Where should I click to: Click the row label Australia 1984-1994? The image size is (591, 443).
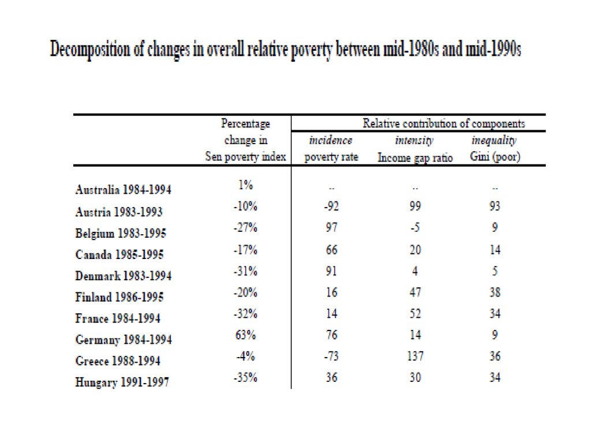[x=124, y=189]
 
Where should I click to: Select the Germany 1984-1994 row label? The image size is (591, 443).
[x=124, y=340]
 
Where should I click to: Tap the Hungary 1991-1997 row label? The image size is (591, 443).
[x=122, y=382]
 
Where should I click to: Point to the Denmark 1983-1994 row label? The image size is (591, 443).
[x=124, y=276]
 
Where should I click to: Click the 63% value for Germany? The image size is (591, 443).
[x=246, y=335]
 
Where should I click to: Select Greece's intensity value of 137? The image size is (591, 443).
[x=415, y=356]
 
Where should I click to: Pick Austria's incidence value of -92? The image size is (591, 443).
[x=331, y=206]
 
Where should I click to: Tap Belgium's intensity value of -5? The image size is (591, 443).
[x=415, y=227]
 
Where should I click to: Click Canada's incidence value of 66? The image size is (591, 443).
[x=332, y=249]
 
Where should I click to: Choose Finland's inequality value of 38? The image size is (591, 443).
[x=495, y=292]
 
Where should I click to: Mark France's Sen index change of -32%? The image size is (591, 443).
[x=245, y=313]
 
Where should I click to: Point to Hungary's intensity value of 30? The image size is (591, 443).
[x=415, y=377]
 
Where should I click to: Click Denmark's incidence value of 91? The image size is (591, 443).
[x=331, y=271]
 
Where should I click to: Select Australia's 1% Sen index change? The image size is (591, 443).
[x=246, y=185]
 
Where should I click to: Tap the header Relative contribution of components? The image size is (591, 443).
[x=444, y=123]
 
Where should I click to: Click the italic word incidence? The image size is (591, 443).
[x=331, y=140]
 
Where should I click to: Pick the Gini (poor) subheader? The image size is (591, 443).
[x=495, y=157]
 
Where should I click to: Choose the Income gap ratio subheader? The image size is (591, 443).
[x=415, y=157]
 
